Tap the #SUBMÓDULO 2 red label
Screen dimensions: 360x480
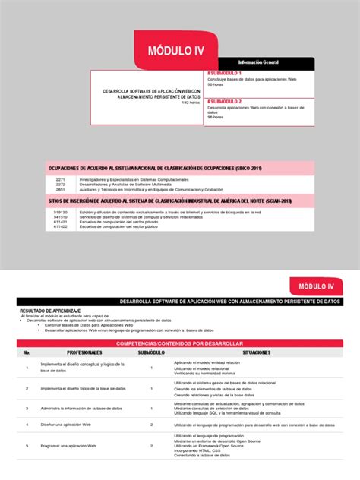[x=226, y=101]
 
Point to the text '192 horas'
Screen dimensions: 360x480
[x=191, y=103]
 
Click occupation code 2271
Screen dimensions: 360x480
[x=61, y=179]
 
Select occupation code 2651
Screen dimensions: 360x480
[x=61, y=188]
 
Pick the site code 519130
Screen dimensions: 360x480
[x=61, y=212]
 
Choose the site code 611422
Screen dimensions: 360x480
[x=61, y=226]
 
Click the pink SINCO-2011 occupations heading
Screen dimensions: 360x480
[x=155, y=167]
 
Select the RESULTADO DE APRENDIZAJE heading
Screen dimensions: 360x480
[x=50, y=311]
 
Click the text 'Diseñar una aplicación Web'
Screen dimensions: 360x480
[x=65, y=425]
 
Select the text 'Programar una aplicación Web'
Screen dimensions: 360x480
[x=68, y=445]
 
